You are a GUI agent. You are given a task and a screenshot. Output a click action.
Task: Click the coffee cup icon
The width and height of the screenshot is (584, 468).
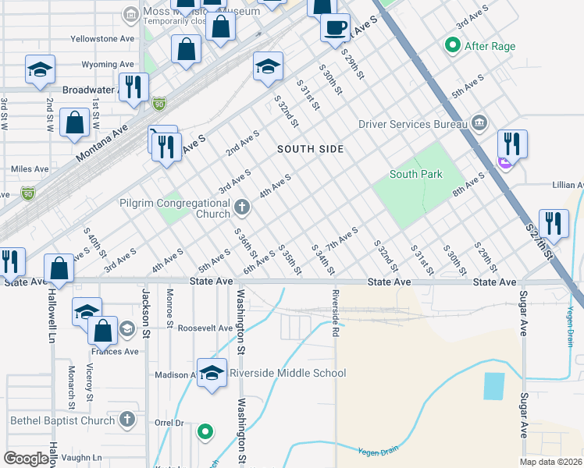(x=335, y=28)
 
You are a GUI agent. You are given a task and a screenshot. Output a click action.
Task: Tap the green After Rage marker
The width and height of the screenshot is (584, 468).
(x=451, y=46)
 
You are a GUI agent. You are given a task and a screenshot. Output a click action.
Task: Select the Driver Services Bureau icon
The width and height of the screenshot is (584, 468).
(x=479, y=123)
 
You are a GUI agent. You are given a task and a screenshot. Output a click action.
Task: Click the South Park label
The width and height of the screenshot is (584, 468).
(x=416, y=174)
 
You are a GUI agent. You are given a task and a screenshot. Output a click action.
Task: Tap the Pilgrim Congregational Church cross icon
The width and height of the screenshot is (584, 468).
(x=242, y=208)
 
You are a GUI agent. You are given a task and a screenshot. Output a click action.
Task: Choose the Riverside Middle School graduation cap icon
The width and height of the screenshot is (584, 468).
(x=212, y=373)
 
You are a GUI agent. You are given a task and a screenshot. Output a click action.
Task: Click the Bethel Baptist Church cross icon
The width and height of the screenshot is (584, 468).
(x=127, y=420)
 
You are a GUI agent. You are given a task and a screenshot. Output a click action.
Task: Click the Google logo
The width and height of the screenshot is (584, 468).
(x=27, y=459)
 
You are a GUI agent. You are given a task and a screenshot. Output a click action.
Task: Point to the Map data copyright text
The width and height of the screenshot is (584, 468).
(x=550, y=462)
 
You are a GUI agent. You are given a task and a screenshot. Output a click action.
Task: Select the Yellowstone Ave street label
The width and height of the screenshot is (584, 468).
(x=102, y=38)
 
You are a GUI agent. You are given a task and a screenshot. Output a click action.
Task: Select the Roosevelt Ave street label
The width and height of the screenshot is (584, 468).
(x=205, y=328)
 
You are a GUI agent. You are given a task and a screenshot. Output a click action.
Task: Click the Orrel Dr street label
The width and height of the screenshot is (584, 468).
(x=168, y=424)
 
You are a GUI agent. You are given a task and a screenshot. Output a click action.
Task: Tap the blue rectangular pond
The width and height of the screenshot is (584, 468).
(x=493, y=386)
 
